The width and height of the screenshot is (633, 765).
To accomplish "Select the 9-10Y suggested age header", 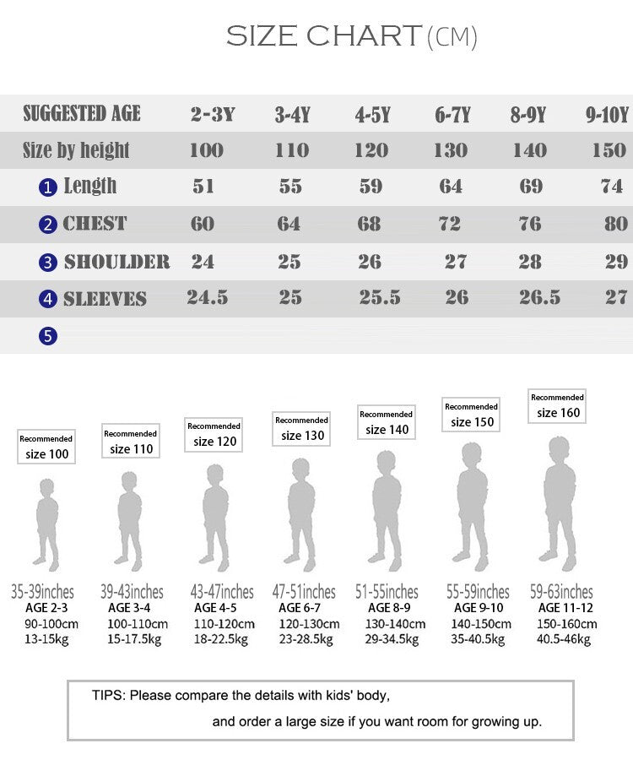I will coord(607,115).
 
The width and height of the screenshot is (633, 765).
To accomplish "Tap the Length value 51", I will coord(203,187).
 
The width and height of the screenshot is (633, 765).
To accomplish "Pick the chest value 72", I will coord(450,224).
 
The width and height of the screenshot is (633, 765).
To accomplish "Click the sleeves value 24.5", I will coord(208,297).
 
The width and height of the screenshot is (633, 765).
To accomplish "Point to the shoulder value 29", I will coord(616,262).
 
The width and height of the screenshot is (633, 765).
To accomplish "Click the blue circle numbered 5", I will coord(48,336).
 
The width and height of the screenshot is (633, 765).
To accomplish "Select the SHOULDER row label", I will coord(116,262).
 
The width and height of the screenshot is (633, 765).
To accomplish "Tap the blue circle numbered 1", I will coord(48,187).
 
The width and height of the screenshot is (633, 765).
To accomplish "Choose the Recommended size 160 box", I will coord(557,405).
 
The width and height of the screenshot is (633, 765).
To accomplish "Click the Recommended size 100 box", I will coord(46,447).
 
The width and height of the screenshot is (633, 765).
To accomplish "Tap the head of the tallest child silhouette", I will coord(558,448).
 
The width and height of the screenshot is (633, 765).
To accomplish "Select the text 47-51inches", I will coord(304,592).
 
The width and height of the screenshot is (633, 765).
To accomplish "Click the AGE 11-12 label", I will coord(565,608).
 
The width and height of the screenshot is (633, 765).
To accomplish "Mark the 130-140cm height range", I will coord(395,624).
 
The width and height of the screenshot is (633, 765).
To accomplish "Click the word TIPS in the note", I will coord(107,696).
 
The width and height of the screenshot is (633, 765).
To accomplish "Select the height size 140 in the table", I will coord(529,150).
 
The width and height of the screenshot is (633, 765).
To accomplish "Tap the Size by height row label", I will coord(76,151).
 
